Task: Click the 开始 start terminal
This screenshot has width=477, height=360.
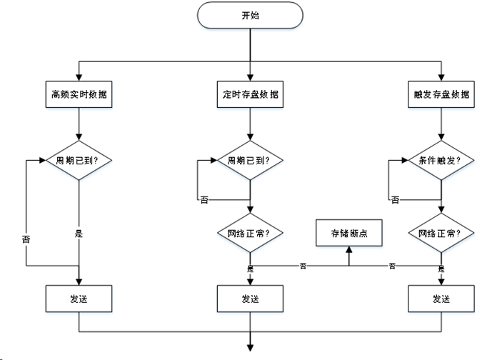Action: click(250, 15)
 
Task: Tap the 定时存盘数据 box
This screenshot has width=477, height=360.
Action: click(250, 94)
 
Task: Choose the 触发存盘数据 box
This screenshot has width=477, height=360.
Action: click(441, 94)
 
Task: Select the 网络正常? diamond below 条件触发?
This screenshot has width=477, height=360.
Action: click(441, 233)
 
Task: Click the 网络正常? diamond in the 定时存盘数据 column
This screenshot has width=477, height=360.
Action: click(250, 233)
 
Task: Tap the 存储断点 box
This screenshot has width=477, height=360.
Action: click(348, 233)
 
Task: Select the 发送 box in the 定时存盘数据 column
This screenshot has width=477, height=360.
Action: click(250, 298)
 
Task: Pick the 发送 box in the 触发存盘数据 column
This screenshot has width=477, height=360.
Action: click(441, 298)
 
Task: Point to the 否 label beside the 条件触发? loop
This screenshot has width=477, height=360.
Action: click(395, 200)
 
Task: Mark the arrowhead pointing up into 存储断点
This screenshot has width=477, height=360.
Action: click(348, 249)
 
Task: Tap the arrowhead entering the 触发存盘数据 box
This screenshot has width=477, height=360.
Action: click(441, 79)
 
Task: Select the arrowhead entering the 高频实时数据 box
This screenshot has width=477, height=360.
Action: click(78, 79)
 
